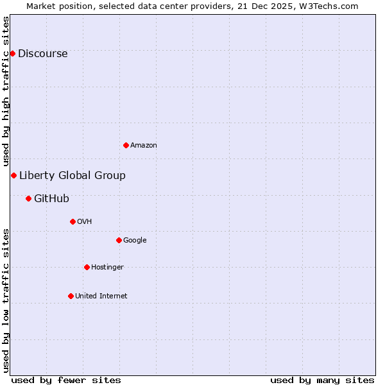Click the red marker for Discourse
coord(12,53)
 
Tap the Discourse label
coord(42,54)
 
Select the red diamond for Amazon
coord(126,145)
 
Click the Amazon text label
coord(144,146)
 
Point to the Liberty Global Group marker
coord(13,175)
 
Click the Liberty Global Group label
coord(73,176)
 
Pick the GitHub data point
coord(28,198)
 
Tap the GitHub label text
coord(51,199)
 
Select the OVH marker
coord(73,221)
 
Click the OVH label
coord(85,222)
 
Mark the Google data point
coord(119,240)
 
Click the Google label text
coord(135,241)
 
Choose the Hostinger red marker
coord(87,267)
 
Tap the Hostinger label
coord(107,268)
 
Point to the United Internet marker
coord(71,296)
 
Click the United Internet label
coord(101,296)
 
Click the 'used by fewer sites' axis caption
coord(66,381)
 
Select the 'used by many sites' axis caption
coord(322,381)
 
